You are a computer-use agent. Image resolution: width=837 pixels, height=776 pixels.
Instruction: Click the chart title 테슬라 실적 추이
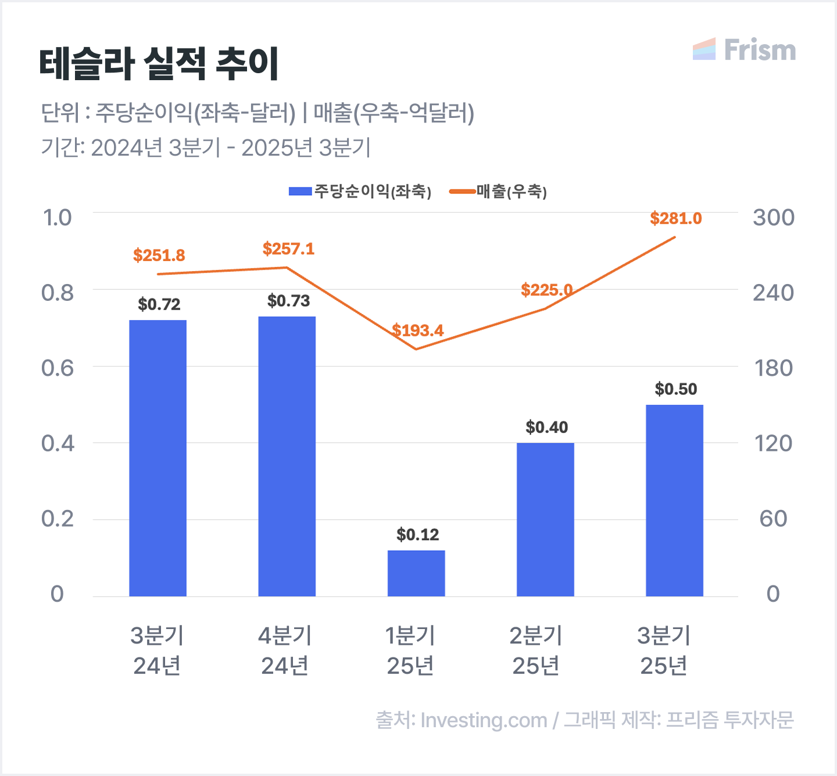coord(159,63)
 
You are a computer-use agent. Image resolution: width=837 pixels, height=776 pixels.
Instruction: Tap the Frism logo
coord(744,50)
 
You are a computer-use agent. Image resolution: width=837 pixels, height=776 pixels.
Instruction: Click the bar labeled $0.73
coord(287,456)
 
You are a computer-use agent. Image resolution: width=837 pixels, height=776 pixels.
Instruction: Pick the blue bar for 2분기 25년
coord(545,519)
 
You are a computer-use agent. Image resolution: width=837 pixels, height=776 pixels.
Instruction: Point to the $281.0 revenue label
coord(676,218)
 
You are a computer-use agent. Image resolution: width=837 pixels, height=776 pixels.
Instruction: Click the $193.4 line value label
coord(417,330)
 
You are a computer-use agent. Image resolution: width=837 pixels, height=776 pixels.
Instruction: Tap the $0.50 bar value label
coord(675,389)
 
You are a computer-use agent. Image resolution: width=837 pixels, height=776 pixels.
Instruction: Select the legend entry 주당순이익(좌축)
coord(360,192)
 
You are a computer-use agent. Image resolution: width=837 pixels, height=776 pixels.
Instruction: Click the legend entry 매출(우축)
coord(499,192)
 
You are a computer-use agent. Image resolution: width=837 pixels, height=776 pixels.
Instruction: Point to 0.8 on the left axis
coord(58,293)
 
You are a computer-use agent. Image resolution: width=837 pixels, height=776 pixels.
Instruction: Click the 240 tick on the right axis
coord(773,293)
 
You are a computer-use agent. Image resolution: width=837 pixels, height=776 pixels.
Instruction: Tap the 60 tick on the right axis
coord(773,519)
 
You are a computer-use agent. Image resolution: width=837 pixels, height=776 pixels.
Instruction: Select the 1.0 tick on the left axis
coord(58,218)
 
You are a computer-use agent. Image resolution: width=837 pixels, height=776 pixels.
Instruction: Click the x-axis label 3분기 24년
coord(157,651)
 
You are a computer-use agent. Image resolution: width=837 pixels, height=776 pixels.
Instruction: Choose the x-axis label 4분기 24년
coord(285,651)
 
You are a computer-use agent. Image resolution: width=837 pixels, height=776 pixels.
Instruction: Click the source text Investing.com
coord(484,720)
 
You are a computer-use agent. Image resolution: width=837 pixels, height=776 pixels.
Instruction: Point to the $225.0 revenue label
coord(546,290)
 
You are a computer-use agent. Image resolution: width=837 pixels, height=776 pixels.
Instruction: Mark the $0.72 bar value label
coord(159,304)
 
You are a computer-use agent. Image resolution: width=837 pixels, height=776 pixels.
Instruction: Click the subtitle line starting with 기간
coord(205,148)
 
